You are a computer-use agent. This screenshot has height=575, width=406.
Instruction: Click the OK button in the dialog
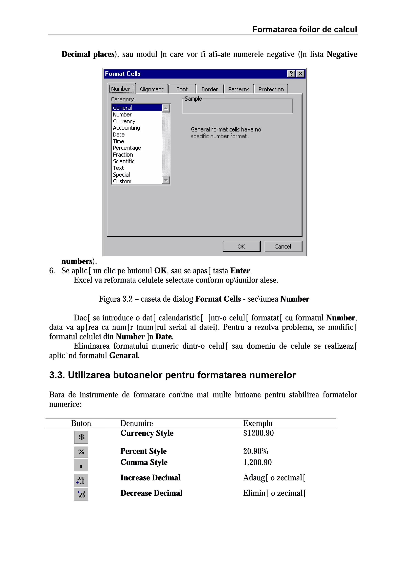(x=241, y=246)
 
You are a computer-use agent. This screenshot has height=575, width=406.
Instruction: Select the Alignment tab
(x=151, y=89)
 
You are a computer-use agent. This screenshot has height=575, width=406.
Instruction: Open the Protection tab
(x=271, y=89)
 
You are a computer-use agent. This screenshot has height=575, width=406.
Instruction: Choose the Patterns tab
(x=239, y=89)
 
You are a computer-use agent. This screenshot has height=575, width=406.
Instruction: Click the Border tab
(x=209, y=89)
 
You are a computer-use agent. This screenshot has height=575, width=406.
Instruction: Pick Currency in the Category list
(x=124, y=121)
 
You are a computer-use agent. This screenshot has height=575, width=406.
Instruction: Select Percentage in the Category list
(x=127, y=148)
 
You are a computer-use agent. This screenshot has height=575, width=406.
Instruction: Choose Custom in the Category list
(x=122, y=181)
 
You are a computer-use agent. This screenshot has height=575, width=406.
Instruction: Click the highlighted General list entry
(x=122, y=108)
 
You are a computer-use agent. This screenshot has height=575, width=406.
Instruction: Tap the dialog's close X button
(x=300, y=74)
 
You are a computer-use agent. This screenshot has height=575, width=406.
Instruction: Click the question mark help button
(x=291, y=74)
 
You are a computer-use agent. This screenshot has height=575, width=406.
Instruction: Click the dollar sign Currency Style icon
(x=81, y=437)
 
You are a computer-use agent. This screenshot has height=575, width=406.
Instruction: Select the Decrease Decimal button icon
(x=81, y=494)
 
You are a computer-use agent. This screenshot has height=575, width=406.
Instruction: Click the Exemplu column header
(x=258, y=423)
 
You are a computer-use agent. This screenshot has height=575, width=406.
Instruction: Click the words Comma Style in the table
(x=144, y=462)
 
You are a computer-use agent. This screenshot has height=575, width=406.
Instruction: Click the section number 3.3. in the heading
(x=57, y=375)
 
